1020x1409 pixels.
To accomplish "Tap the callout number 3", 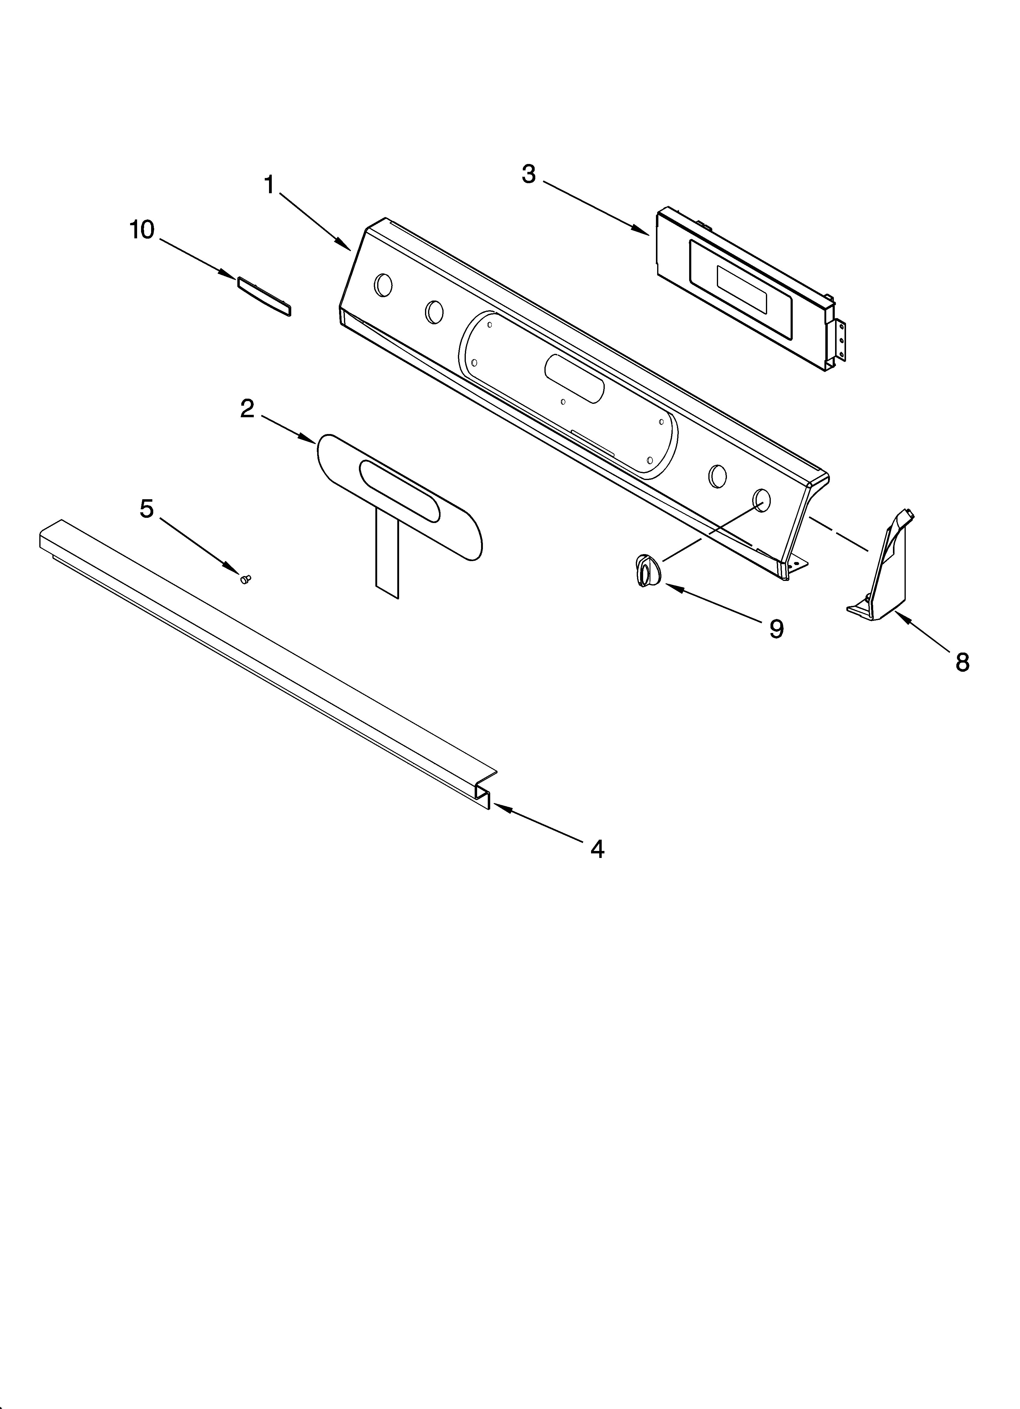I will pyautogui.click(x=529, y=175).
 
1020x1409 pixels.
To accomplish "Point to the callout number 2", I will pyautogui.click(x=247, y=409).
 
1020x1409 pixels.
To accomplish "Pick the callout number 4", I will pyautogui.click(x=597, y=849).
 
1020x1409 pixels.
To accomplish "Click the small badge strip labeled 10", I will pyautogui.click(x=264, y=297).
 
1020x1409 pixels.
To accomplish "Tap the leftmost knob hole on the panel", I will pyautogui.click(x=383, y=285).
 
